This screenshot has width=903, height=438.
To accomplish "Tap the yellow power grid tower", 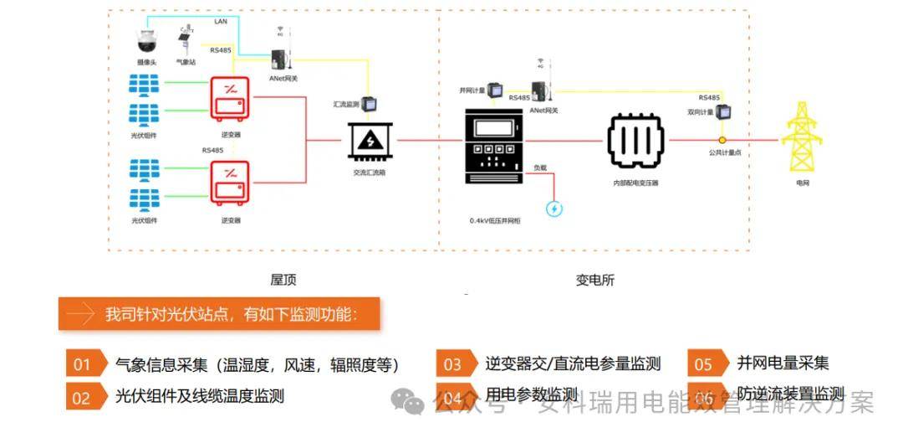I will point(802,142).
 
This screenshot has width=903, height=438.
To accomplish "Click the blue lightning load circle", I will point(554,209).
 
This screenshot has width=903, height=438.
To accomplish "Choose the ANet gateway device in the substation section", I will point(541,90).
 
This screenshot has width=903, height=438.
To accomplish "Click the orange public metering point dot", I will point(722,140).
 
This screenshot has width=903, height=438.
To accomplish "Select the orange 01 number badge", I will point(84,363).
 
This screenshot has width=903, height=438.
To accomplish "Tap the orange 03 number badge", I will point(454,363).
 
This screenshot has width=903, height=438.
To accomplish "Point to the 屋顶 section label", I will point(283,280).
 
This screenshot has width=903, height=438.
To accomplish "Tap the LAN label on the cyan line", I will point(221,21).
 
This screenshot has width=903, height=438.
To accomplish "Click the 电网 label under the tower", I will point(803,182).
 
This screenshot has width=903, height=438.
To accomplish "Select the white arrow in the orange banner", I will point(80,314).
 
